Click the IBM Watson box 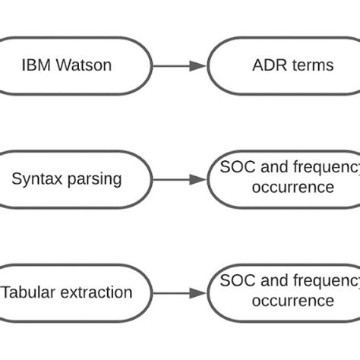tap(66, 65)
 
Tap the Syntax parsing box tap(66, 179)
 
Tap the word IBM tap(36, 65)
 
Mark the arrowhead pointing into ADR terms tap(199, 65)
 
